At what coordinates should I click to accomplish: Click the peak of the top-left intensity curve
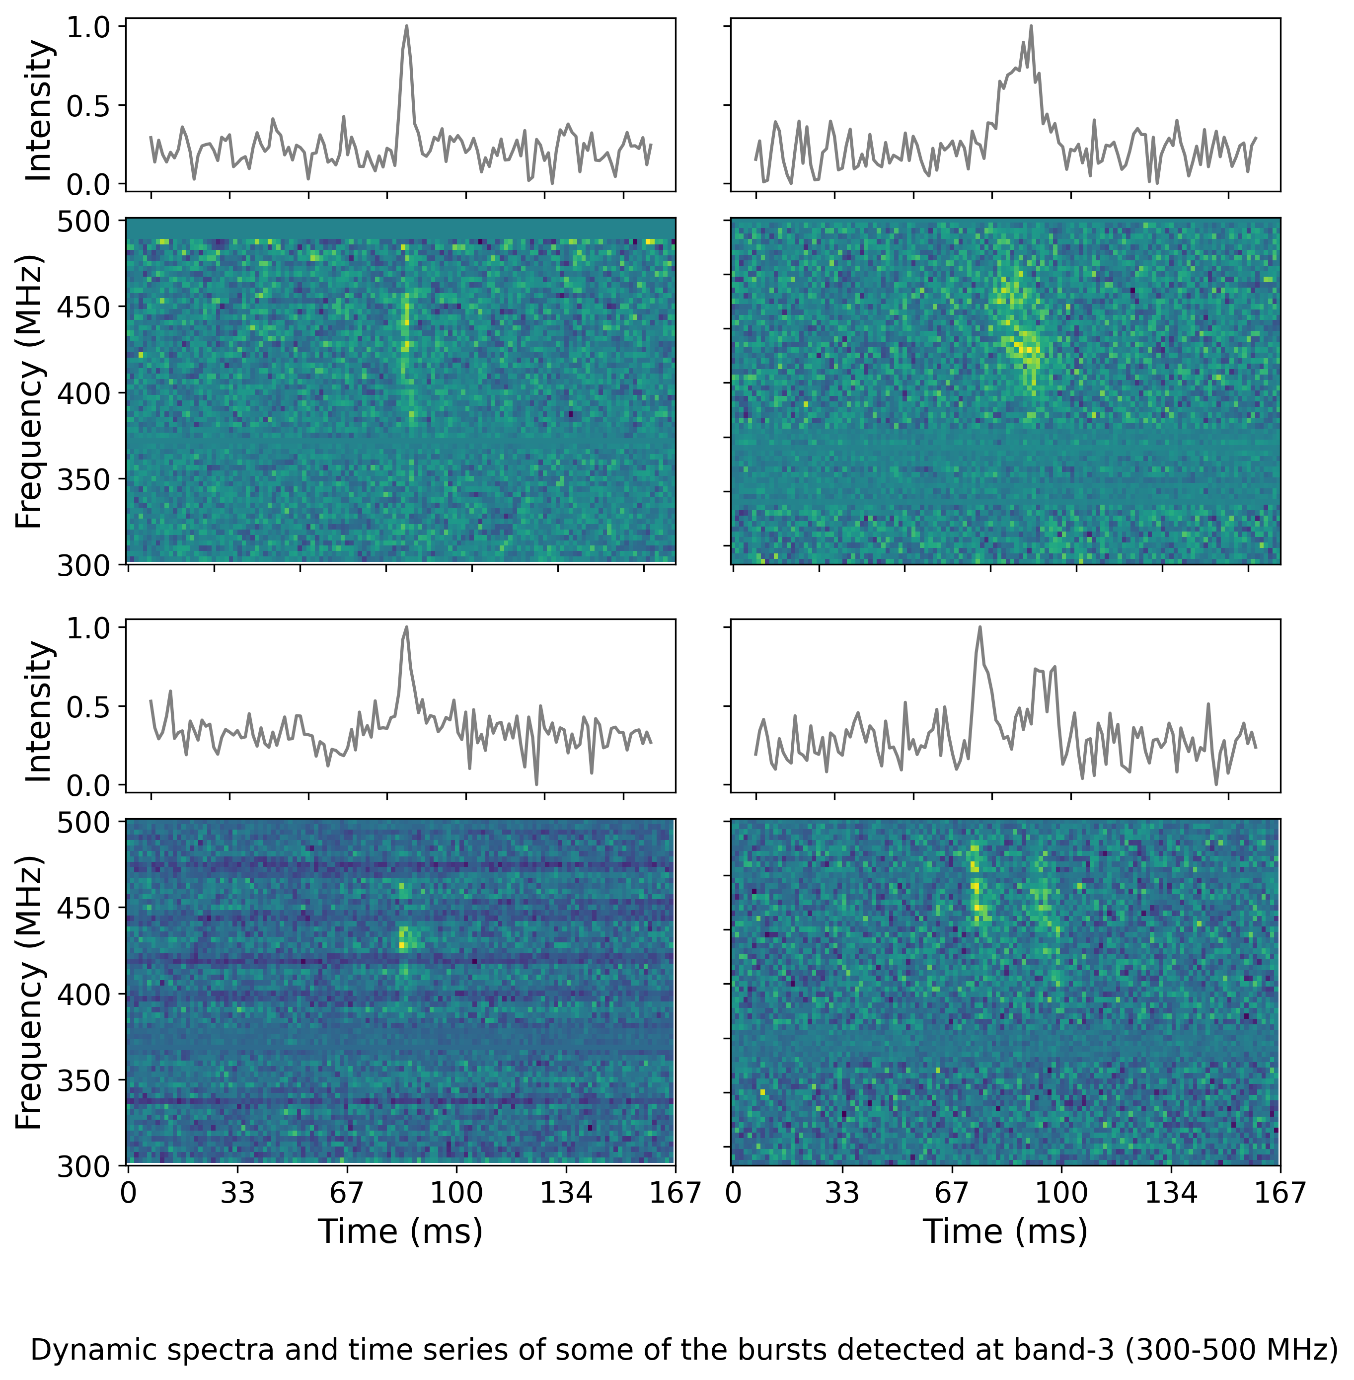pos(406,26)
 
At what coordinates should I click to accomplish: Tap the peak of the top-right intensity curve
pos(1031,26)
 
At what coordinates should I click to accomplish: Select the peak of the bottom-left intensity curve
pos(406,627)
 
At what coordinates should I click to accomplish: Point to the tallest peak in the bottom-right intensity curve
pos(979,627)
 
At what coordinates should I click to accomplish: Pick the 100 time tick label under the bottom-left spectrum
pos(456,1192)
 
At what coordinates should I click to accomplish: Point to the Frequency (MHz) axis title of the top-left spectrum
pos(29,392)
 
